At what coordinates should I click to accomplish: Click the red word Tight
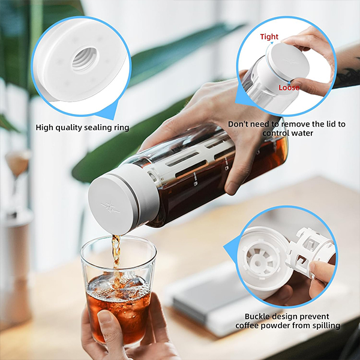point(269,37)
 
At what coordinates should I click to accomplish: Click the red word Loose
point(289,88)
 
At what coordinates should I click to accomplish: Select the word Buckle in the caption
point(257,316)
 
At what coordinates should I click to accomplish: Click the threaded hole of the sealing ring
point(85,59)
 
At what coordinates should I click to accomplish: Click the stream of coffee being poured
point(116,257)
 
